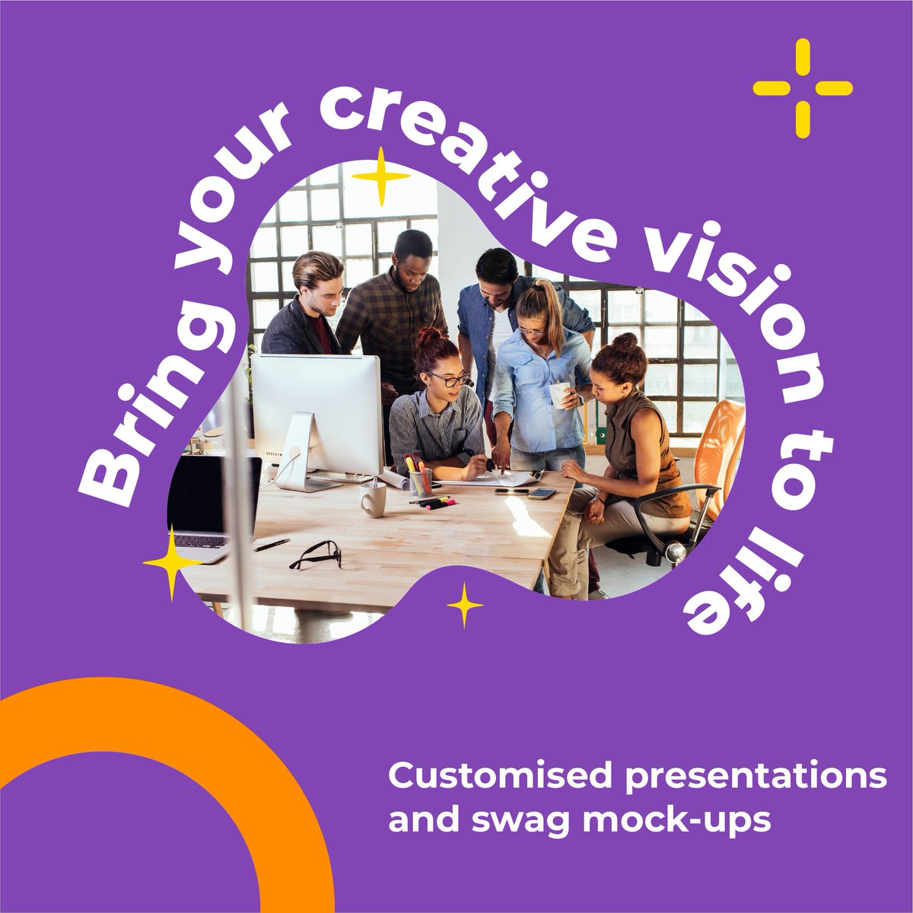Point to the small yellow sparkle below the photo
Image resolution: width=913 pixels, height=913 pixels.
point(464,606)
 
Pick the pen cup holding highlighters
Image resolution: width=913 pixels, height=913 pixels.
point(420,481)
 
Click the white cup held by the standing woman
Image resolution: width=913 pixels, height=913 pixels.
point(559,395)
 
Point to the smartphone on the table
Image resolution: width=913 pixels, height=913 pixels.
point(542,494)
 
